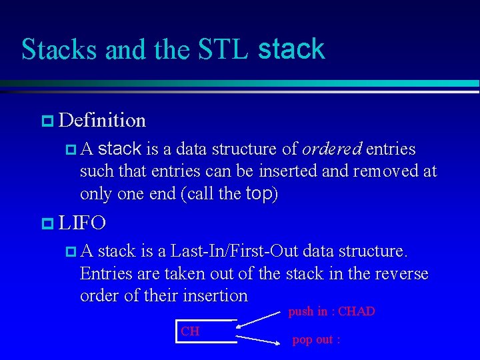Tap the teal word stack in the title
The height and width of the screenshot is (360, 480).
[x=291, y=49]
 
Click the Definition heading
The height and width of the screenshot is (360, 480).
[x=102, y=121]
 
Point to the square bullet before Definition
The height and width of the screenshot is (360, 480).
[x=47, y=121]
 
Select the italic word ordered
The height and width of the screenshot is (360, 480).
[x=332, y=149]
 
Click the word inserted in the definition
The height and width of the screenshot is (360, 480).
[x=287, y=171]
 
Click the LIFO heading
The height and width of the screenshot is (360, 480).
[x=82, y=222]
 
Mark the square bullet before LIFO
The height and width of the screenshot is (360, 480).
[x=47, y=223]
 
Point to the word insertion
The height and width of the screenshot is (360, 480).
[x=213, y=296]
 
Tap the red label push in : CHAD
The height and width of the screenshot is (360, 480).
[x=331, y=311]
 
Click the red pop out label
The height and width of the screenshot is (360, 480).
[x=316, y=340]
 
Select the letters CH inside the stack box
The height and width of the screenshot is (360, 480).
[x=190, y=331]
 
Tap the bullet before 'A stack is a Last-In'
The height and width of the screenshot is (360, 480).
[x=71, y=251]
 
